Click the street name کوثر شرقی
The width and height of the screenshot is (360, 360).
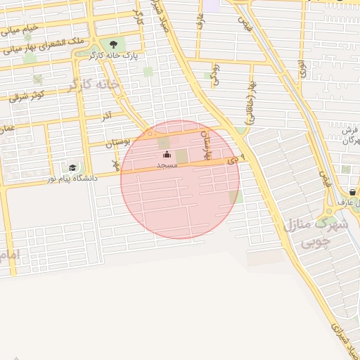28,96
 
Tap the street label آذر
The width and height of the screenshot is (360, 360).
108,114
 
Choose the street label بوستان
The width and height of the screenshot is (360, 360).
117,143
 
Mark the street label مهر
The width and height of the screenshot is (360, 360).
117,164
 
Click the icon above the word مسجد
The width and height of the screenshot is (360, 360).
167,155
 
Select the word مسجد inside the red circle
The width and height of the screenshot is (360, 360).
166,165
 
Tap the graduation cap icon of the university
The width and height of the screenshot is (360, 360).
72,167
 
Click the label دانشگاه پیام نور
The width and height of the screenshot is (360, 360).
72,179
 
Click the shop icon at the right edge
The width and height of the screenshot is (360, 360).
352,192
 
